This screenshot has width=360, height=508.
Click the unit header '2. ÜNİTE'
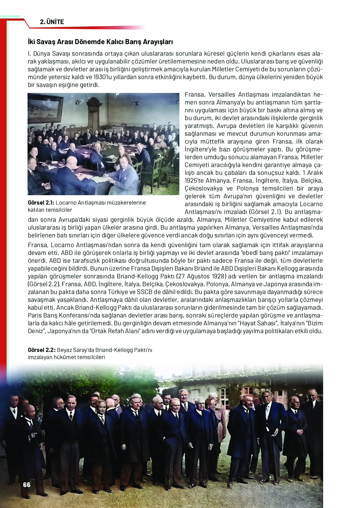(x=52, y=22)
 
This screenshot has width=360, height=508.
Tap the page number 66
(x=27, y=485)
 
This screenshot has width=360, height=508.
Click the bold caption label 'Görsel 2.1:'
(x=41, y=203)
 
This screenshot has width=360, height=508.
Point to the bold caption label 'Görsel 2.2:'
(x=42, y=350)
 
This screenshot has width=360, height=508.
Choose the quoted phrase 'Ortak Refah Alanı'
(x=115, y=331)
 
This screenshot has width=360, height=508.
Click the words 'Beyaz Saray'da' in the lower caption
(x=75, y=350)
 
